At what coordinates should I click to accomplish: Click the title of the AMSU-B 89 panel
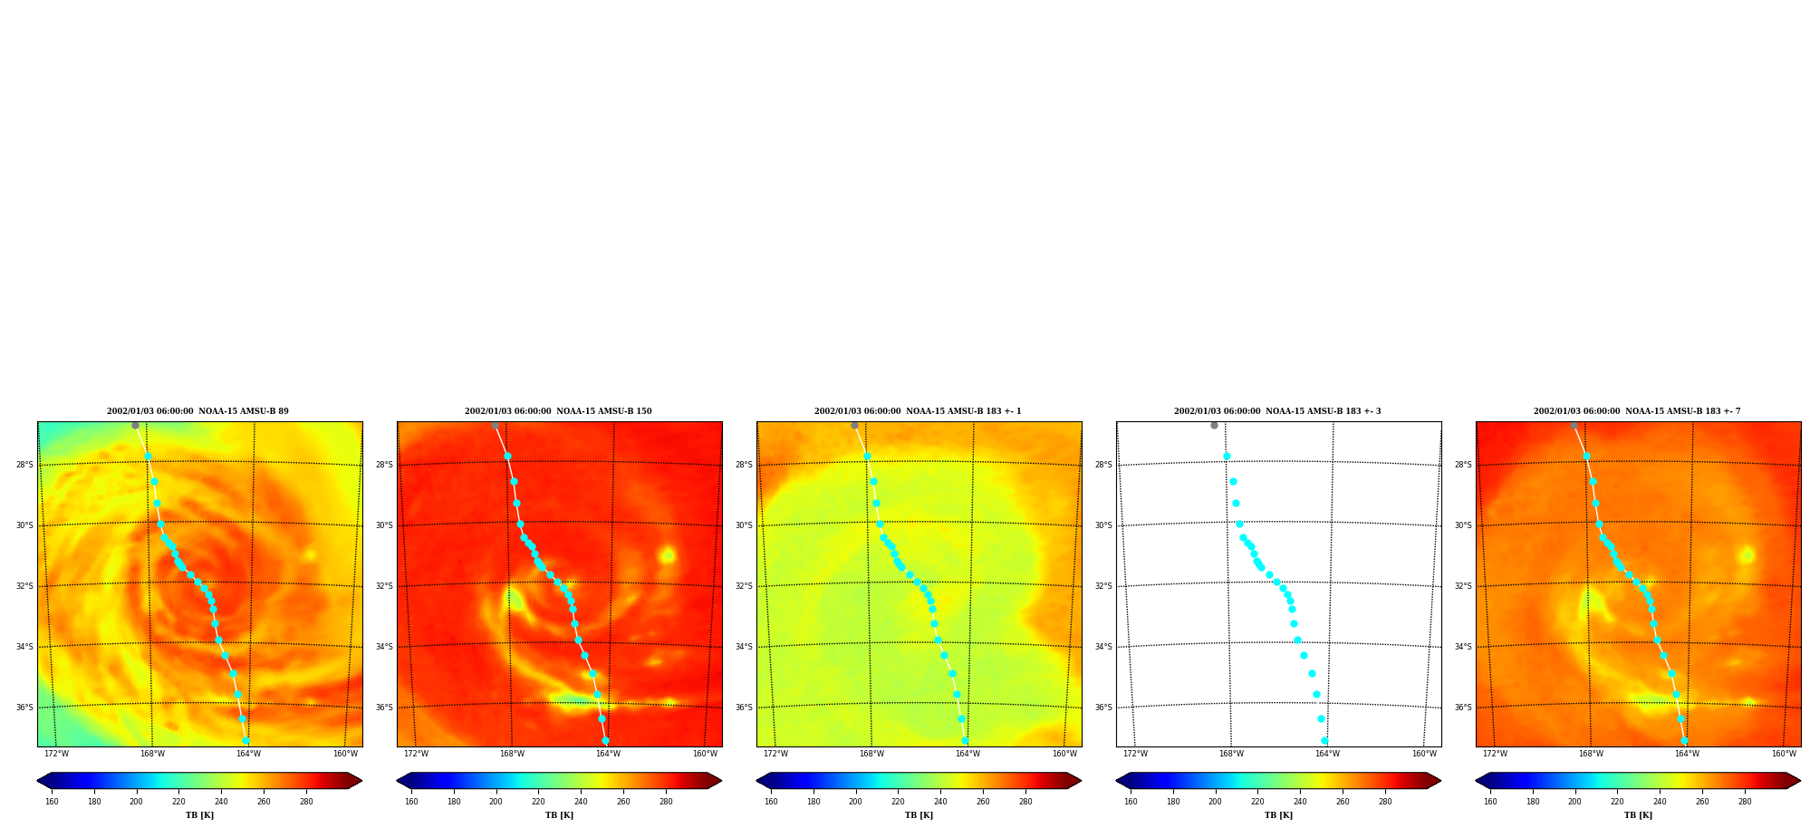click(x=197, y=411)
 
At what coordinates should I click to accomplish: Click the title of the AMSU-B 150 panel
click(x=558, y=411)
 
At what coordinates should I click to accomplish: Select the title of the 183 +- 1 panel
click(x=918, y=411)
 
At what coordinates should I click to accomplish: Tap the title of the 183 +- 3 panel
click(x=1277, y=411)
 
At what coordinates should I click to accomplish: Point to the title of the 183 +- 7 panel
click(x=1637, y=411)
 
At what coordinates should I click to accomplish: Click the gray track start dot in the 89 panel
click(x=135, y=425)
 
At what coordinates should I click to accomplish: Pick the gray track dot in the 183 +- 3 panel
click(x=1214, y=425)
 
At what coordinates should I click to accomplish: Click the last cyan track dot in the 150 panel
click(x=605, y=740)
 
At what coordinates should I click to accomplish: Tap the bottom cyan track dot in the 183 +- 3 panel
click(x=1324, y=740)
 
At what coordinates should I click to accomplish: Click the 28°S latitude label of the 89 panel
click(x=24, y=465)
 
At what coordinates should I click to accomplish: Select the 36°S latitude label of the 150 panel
click(x=384, y=708)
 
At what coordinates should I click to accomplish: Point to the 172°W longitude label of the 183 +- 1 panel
click(x=775, y=754)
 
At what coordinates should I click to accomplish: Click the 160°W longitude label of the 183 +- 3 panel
click(x=1424, y=754)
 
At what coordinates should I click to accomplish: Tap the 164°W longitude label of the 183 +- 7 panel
click(x=1687, y=754)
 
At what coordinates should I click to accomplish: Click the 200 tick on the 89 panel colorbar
click(x=136, y=801)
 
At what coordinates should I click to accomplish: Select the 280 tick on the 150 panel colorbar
click(x=666, y=801)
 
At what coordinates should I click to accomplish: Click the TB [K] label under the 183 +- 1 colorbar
click(x=919, y=815)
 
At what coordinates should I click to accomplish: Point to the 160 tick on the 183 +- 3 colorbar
click(x=1131, y=801)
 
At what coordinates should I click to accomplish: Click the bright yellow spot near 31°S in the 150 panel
click(x=668, y=554)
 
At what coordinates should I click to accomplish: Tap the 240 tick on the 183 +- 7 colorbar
click(x=1660, y=801)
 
